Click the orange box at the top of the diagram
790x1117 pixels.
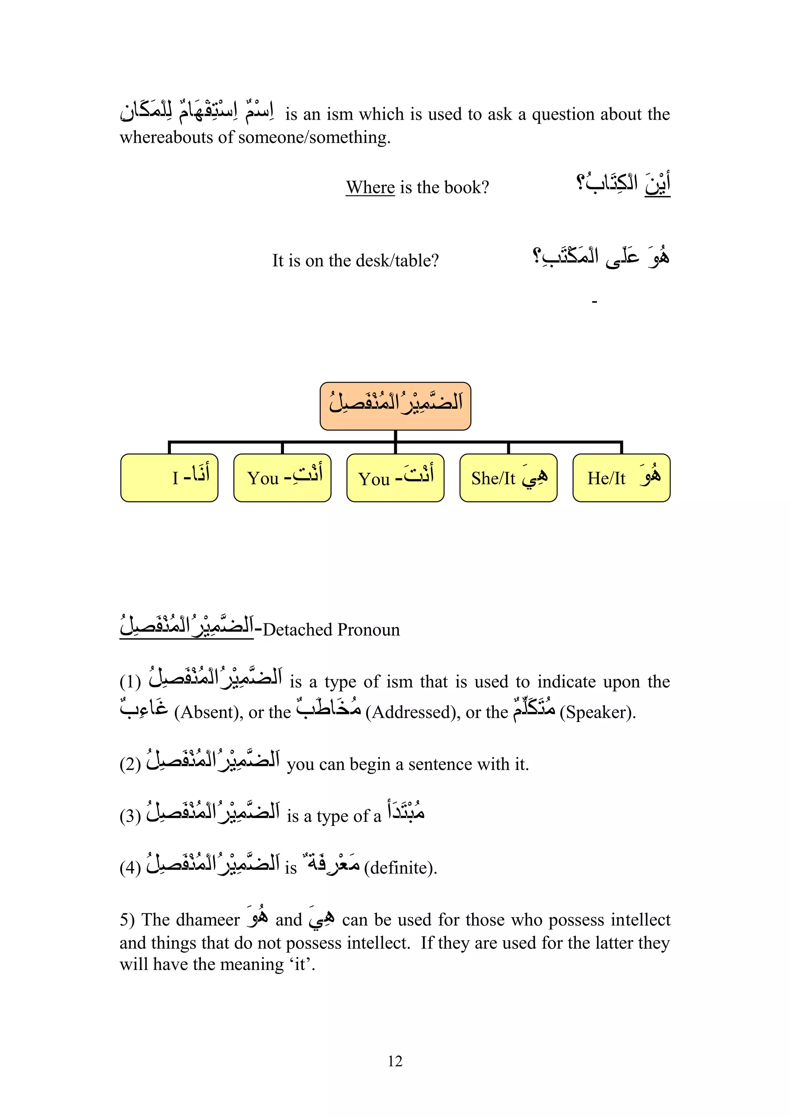tap(395, 406)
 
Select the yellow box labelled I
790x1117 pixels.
tap(169, 478)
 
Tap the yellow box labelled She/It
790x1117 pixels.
tap(508, 478)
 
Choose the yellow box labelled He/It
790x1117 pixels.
tap(621, 478)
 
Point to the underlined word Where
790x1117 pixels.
tap(370, 187)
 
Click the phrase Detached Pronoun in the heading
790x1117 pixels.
tap(331, 630)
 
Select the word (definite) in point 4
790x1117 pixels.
tap(400, 867)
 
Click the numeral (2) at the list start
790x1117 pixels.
tap(130, 764)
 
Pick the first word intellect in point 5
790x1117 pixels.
tap(640, 920)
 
